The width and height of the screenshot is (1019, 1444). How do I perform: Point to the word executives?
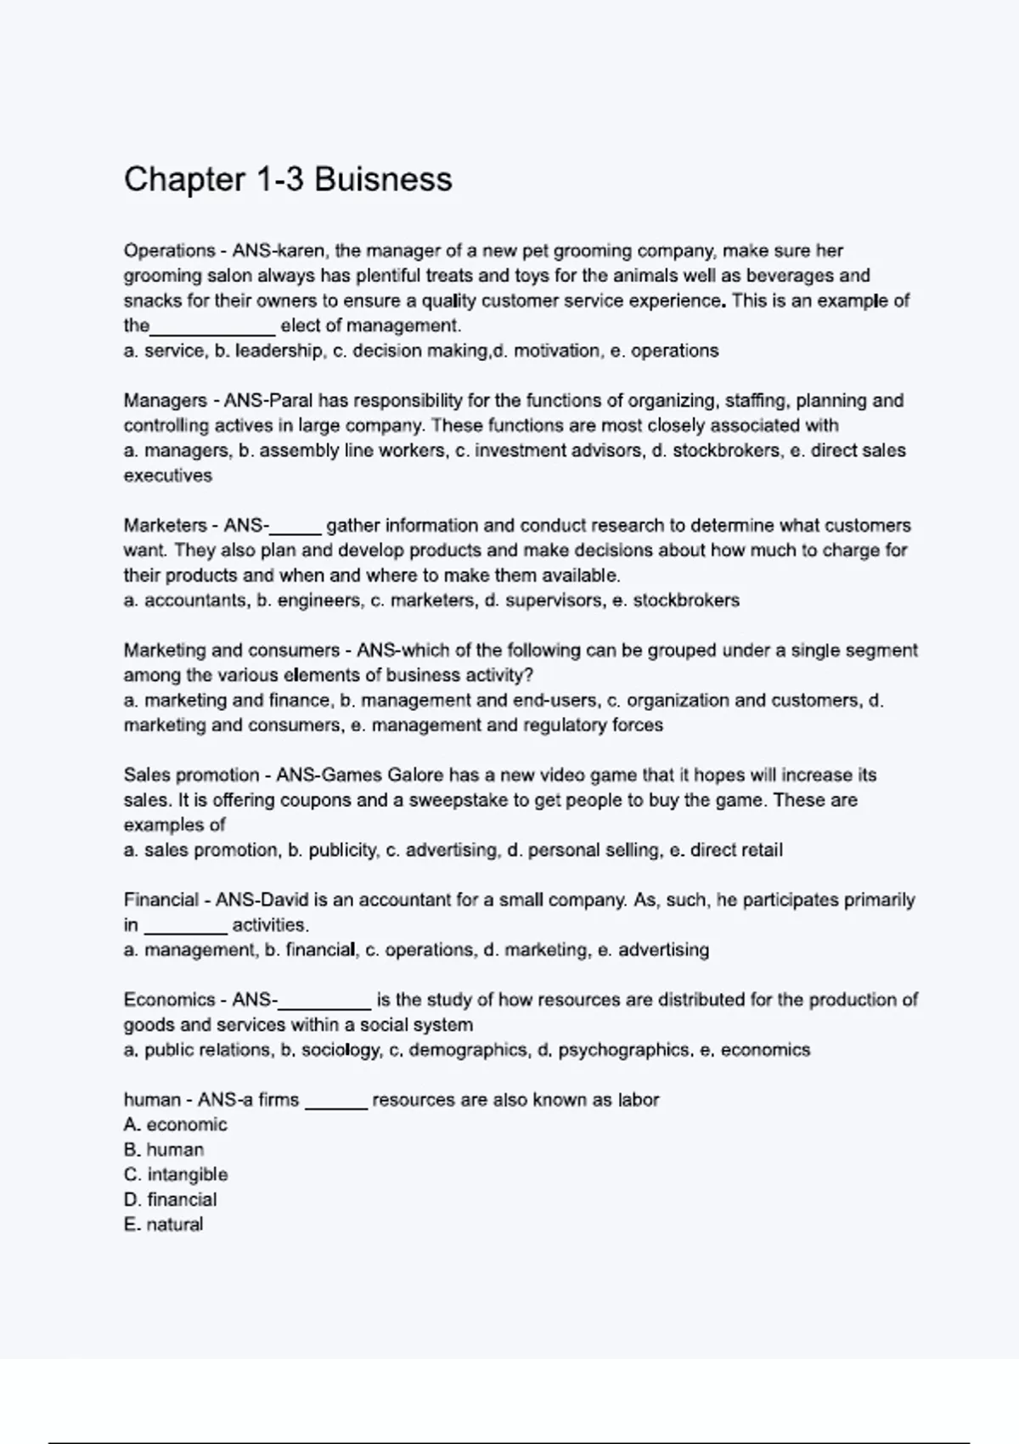point(168,476)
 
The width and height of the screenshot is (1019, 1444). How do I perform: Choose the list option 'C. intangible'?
point(176,1175)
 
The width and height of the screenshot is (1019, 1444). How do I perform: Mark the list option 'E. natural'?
point(164,1225)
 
